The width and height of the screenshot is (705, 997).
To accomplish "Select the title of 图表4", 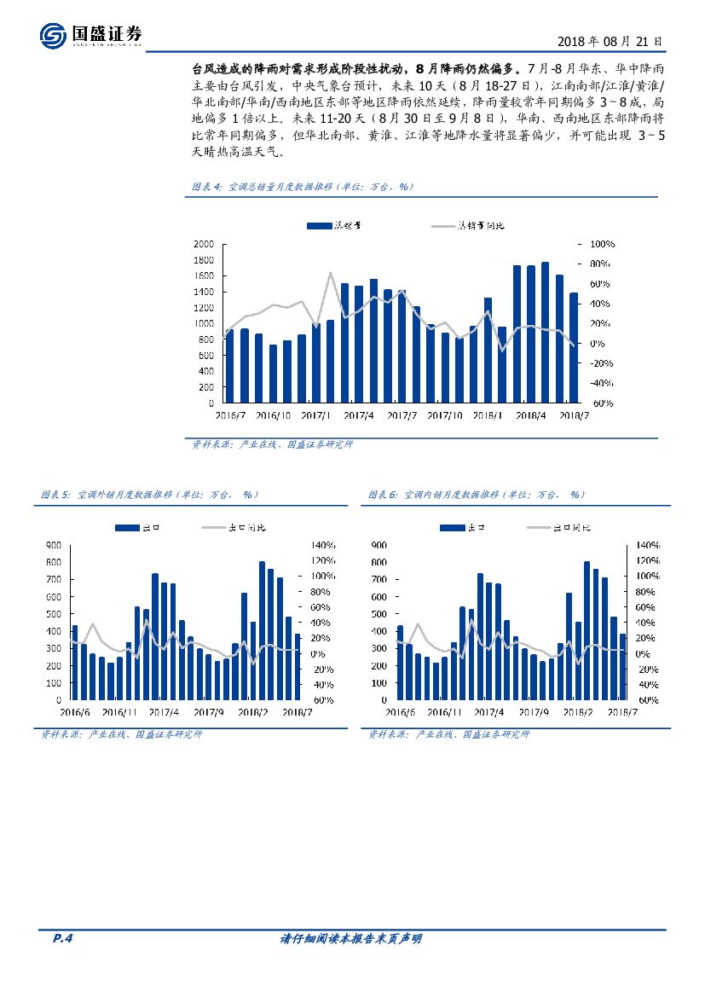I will pyautogui.click(x=302, y=186).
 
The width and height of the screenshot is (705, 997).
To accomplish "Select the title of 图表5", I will pyautogui.click(x=149, y=495).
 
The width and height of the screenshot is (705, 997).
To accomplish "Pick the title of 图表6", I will pyautogui.click(x=476, y=495).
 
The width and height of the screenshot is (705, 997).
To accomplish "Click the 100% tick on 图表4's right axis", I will pyautogui.click(x=602, y=244).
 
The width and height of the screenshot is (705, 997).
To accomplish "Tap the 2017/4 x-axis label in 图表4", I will pyautogui.click(x=358, y=416).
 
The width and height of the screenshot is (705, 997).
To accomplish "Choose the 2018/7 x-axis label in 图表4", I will pyautogui.click(x=573, y=416).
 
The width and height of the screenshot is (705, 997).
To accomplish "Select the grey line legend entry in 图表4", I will pyautogui.click(x=468, y=226).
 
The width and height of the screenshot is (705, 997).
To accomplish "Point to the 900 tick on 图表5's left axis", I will pyautogui.click(x=53, y=544).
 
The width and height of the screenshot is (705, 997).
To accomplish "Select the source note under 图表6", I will pyautogui.click(x=448, y=734).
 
